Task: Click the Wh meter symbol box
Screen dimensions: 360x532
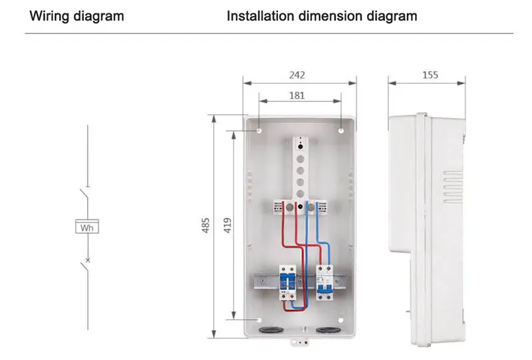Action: click(87, 227)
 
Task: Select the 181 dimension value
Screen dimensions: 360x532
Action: click(297, 95)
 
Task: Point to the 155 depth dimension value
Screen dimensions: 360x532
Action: click(430, 75)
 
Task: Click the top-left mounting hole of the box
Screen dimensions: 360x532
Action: click(259, 131)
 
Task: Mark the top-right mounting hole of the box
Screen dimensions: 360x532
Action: click(341, 131)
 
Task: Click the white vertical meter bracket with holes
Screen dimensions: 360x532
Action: click(301, 166)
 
